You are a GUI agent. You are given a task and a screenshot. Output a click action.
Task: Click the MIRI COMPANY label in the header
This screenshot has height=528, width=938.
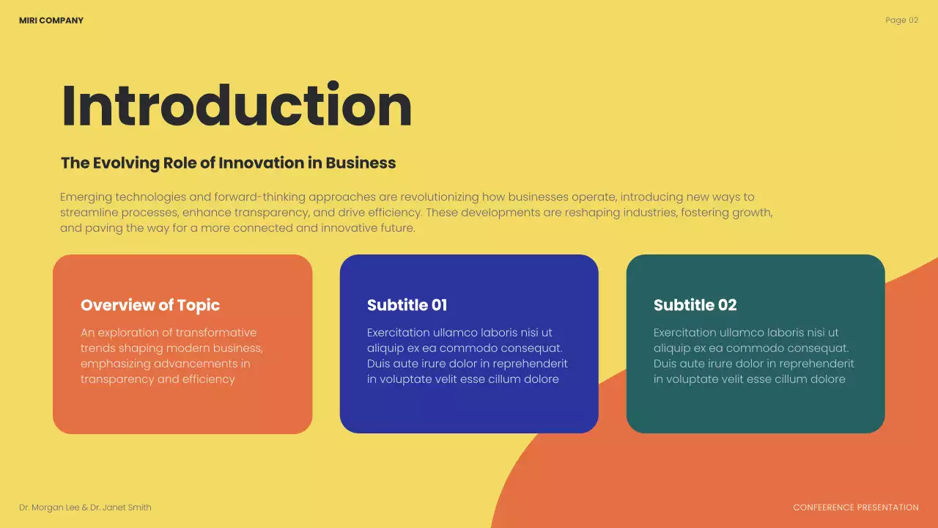click(x=51, y=21)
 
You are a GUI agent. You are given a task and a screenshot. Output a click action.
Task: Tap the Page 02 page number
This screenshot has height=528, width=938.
click(x=901, y=21)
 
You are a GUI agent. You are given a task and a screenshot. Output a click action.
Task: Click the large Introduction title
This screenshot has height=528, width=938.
click(x=237, y=106)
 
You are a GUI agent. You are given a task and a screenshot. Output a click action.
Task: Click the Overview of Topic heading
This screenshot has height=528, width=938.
click(x=150, y=305)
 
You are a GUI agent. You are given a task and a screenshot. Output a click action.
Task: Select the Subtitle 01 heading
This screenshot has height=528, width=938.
click(x=407, y=305)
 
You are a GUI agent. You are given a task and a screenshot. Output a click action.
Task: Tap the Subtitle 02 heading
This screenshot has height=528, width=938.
click(x=695, y=305)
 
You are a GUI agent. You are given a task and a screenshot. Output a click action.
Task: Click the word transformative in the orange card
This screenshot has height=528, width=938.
click(x=216, y=333)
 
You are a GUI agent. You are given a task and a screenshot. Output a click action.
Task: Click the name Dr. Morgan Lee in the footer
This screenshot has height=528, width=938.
click(x=49, y=507)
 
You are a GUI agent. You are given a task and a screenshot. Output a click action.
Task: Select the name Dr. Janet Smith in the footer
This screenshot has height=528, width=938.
click(x=121, y=507)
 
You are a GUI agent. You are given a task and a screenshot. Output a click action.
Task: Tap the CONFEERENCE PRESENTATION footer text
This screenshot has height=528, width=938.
click(x=855, y=507)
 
